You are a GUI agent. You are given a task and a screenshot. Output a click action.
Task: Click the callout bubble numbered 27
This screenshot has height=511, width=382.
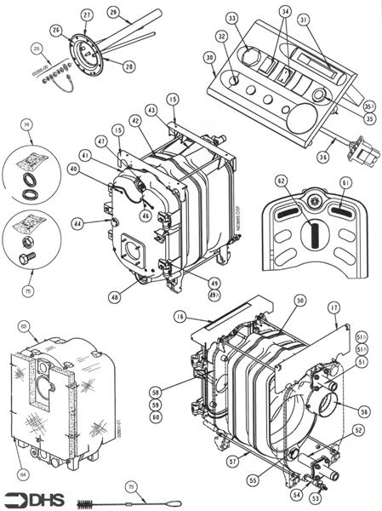87,15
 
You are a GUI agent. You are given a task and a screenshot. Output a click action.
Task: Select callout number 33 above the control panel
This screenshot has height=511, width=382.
231,17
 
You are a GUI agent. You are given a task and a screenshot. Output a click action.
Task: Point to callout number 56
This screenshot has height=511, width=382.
365,411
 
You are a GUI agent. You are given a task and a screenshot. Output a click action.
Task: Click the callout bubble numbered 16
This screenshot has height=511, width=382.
180,315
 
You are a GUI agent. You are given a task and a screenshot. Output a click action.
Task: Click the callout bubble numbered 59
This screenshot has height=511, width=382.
156,405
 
